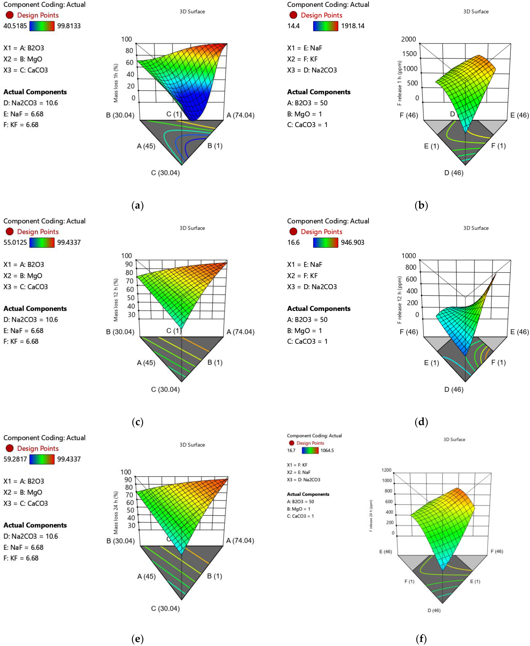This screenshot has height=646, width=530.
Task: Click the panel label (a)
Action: pos(137,205)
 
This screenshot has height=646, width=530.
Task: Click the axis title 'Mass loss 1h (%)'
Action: pos(116,83)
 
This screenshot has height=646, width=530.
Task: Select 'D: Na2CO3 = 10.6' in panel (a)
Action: pos(31,103)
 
